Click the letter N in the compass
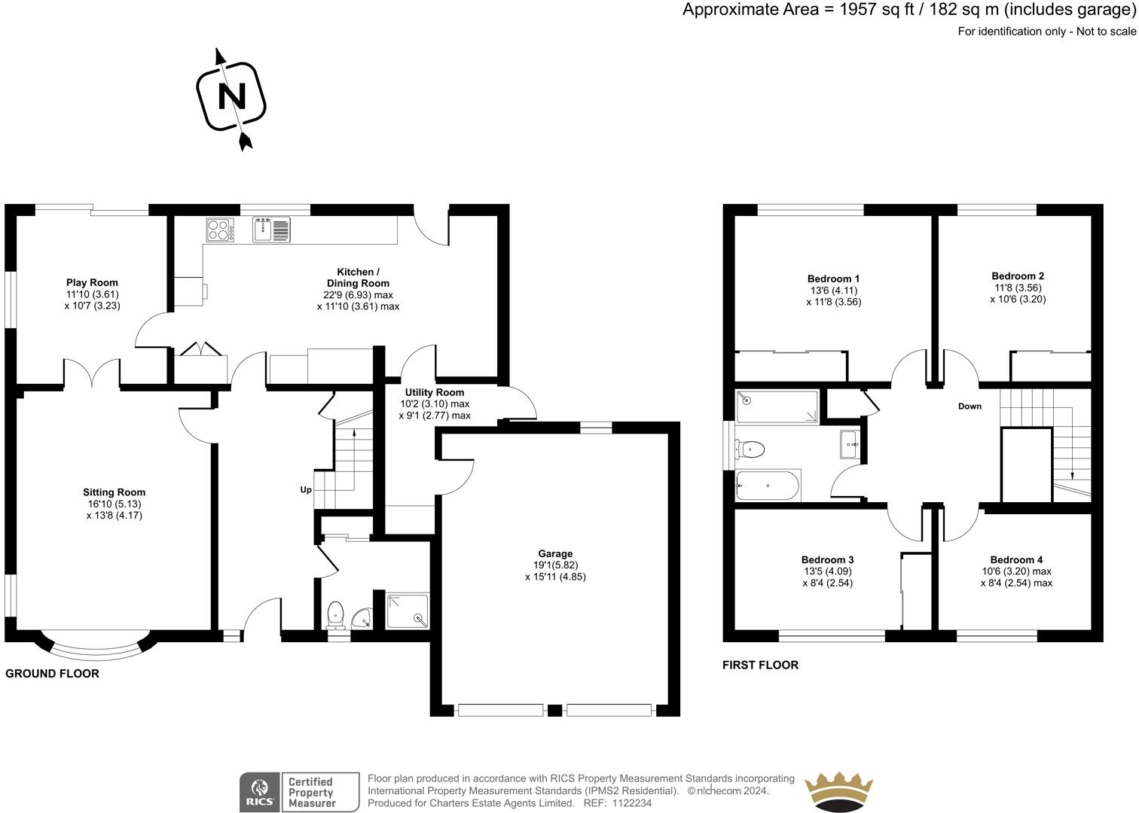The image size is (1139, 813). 232,96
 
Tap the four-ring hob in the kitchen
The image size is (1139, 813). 220,230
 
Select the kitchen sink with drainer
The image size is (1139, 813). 271,229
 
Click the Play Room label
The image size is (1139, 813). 92,282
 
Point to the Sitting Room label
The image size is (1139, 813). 114,492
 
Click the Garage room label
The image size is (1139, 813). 555,553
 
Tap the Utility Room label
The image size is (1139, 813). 434,392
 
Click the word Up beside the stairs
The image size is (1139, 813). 306,490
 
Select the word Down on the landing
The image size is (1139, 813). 970,406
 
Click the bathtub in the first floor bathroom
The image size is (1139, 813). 768,486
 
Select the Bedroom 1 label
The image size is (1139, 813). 833,279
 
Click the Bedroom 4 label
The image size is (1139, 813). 1016,559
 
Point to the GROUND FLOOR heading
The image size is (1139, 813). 53,674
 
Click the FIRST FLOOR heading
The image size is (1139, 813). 760,665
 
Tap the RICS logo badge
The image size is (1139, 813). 300,792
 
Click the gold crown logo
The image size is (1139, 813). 838,792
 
